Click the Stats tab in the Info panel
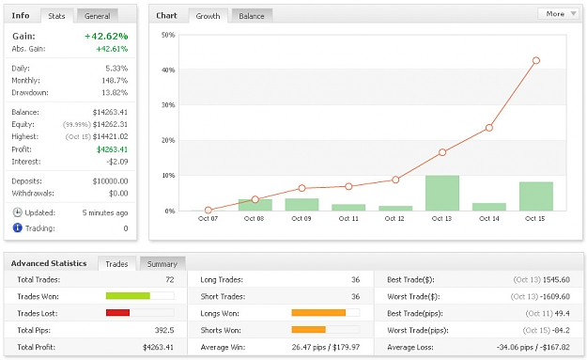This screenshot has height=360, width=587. point(56,16)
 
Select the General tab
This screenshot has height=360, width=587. point(98,16)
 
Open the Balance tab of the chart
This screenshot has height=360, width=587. point(252,16)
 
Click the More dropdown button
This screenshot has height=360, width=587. point(558,14)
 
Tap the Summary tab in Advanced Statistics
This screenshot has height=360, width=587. point(162,264)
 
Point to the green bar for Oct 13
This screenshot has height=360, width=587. point(442,193)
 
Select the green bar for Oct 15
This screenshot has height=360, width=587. point(536,196)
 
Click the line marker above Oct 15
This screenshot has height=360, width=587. point(536,60)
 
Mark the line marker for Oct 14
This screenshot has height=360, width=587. point(489,128)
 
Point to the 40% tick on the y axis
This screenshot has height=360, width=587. point(168,70)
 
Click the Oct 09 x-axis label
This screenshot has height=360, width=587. point(301,218)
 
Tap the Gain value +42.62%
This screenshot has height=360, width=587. point(106,36)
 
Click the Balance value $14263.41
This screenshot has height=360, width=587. point(110,112)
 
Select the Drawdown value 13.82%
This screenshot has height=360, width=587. point(115,92)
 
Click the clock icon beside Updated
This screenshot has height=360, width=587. point(17,212)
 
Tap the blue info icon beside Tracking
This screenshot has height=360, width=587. point(17,227)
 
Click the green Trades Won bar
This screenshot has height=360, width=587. point(128,296)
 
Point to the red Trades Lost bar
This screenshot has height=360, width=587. point(117,312)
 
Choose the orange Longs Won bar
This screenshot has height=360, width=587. point(318,312)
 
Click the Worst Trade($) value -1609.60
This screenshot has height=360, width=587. point(556,297)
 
